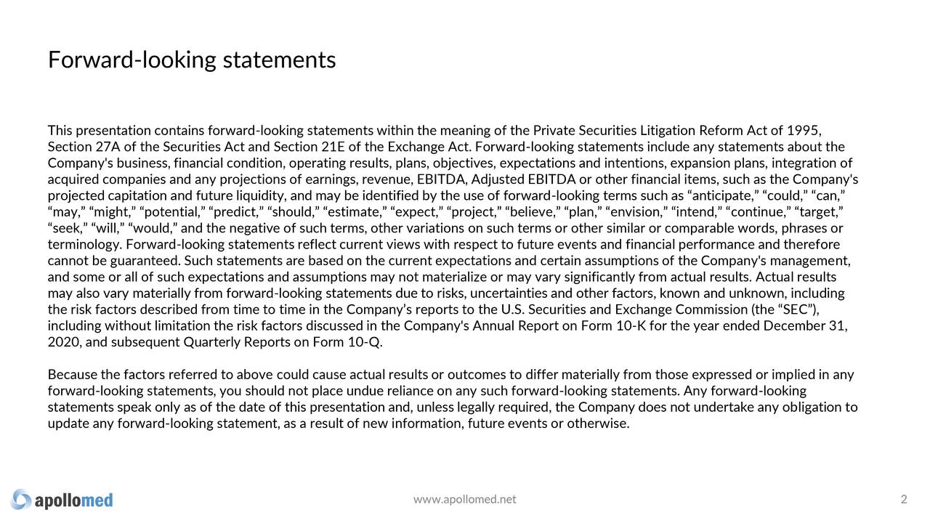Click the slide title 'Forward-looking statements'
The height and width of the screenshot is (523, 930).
tap(192, 60)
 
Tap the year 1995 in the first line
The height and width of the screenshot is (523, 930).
tap(804, 131)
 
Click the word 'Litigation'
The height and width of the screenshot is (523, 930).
tap(668, 131)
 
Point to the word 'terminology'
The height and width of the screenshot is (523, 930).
tap(84, 245)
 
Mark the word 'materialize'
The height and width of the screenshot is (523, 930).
tap(451, 277)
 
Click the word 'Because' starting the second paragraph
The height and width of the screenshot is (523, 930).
tap(73, 375)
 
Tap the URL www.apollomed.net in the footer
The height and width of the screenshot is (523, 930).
tap(464, 499)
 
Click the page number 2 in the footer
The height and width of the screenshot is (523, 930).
tap(904, 499)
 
